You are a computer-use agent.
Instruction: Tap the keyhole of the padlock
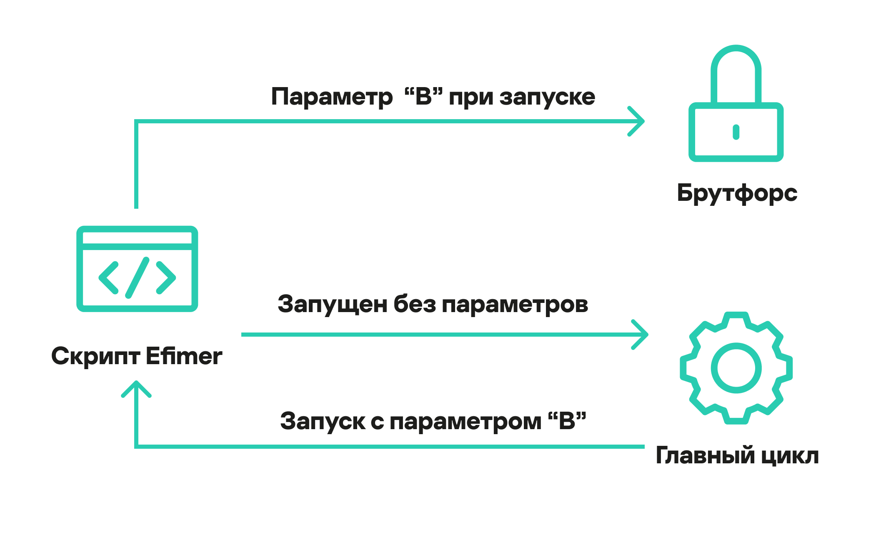[736, 132]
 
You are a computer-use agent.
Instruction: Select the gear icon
[736, 368]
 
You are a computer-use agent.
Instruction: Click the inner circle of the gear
[736, 368]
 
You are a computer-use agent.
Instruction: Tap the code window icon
[137, 269]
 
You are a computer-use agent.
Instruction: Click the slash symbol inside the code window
[137, 277]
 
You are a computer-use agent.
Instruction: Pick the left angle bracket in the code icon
[109, 277]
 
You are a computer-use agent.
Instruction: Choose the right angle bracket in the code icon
[165, 277]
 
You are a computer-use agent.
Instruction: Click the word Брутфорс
[737, 193]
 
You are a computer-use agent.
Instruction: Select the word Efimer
[184, 356]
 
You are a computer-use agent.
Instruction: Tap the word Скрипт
[95, 357]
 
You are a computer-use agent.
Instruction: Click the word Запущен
[333, 305]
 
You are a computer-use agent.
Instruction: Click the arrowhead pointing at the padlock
[638, 121]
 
